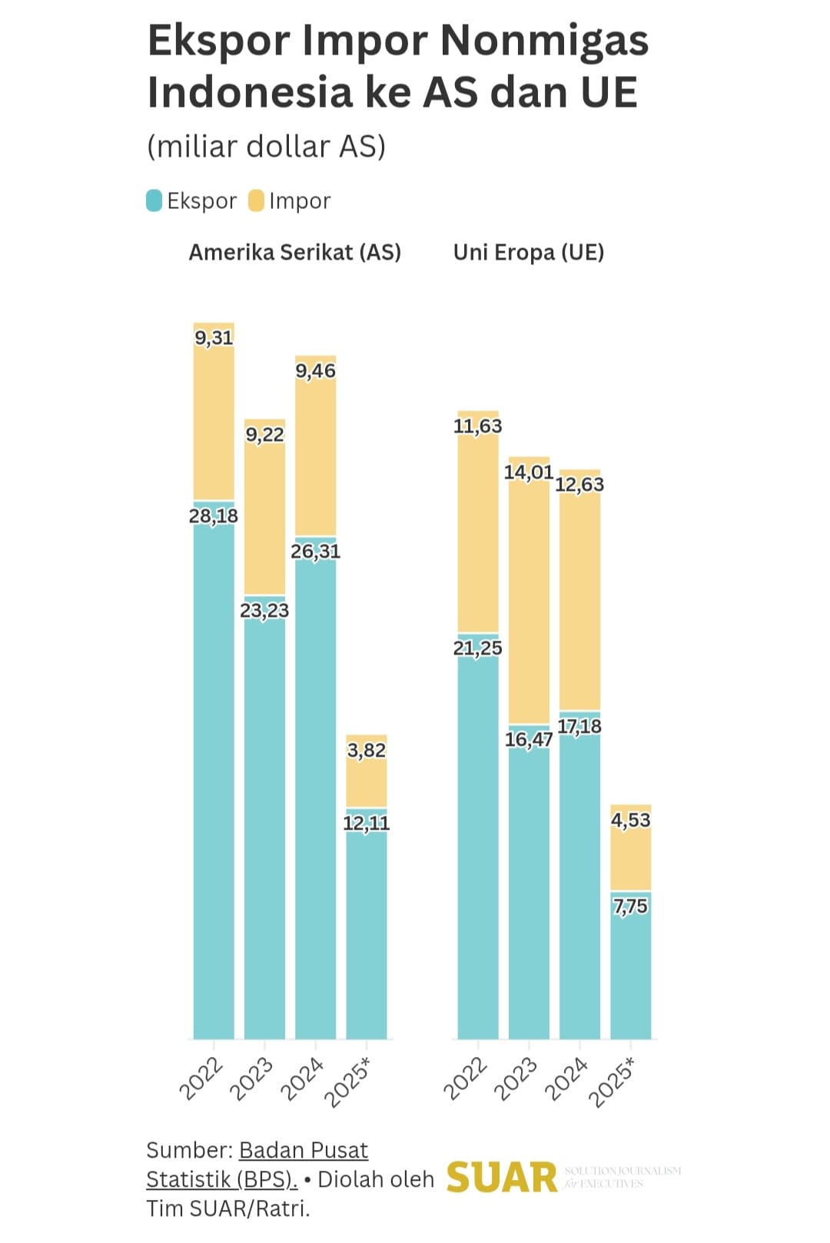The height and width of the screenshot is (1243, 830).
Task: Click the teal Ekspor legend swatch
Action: pyautogui.click(x=154, y=201)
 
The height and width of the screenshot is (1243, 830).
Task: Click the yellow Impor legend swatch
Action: pyautogui.click(x=257, y=201)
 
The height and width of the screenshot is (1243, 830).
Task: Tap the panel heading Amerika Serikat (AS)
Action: pyautogui.click(x=295, y=252)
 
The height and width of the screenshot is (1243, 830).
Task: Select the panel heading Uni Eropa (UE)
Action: pyautogui.click(x=529, y=252)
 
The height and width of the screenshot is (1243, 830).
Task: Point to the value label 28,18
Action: pyautogui.click(x=214, y=515)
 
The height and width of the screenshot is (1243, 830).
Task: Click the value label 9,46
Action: pyautogui.click(x=316, y=371)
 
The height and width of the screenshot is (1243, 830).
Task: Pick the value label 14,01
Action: pyautogui.click(x=529, y=472)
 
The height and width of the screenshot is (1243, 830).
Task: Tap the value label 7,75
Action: pyautogui.click(x=631, y=907)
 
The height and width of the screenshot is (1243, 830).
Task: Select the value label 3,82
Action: pyautogui.click(x=367, y=750)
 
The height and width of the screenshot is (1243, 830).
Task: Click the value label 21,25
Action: pyautogui.click(x=477, y=648)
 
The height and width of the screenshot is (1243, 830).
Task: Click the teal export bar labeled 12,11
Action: pyautogui.click(x=367, y=937)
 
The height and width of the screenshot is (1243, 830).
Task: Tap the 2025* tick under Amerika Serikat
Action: pyautogui.click(x=349, y=1082)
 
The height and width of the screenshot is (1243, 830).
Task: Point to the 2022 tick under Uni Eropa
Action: pyautogui.click(x=466, y=1079)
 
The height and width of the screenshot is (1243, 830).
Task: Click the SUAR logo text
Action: pyautogui.click(x=502, y=1178)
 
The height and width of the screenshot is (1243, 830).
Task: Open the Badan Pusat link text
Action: pyautogui.click(x=304, y=1150)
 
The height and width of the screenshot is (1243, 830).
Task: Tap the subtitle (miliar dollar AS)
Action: pyautogui.click(x=266, y=146)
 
